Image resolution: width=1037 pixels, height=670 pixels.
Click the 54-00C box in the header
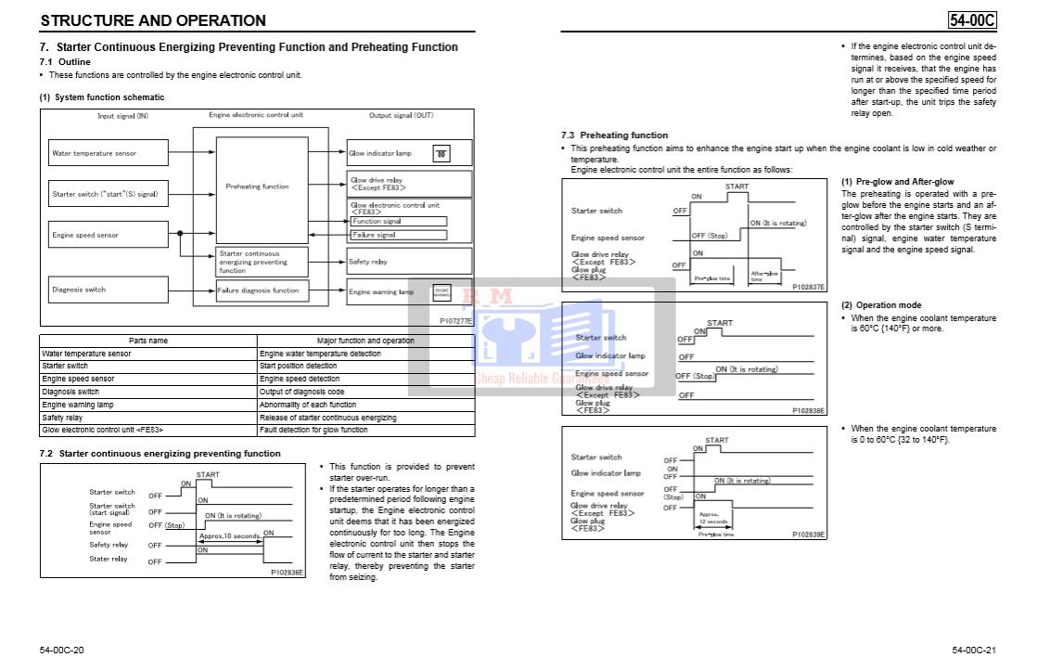(x=971, y=19)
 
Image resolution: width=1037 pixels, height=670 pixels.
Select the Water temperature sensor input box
(x=108, y=153)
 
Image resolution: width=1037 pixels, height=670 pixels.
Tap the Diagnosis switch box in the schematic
(x=108, y=290)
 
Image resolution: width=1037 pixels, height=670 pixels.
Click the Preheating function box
(x=257, y=187)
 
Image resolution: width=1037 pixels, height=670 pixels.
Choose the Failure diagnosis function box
(x=261, y=290)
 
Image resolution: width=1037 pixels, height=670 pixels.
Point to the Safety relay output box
(x=409, y=262)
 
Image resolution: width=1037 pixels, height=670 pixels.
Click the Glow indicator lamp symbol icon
(x=442, y=154)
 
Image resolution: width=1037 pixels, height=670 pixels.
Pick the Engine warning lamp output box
(x=409, y=291)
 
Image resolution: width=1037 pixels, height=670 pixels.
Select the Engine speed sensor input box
(x=108, y=235)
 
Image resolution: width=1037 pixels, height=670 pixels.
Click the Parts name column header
(x=148, y=341)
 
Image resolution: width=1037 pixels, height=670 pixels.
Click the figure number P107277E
(x=455, y=321)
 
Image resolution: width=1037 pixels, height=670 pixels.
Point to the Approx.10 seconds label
(x=229, y=535)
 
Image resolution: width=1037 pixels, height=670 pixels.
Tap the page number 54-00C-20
(x=62, y=649)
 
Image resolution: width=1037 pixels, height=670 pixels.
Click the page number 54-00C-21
(x=973, y=649)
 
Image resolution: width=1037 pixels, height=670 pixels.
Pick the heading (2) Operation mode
(x=881, y=305)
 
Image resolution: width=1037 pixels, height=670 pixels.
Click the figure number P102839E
(x=808, y=535)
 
